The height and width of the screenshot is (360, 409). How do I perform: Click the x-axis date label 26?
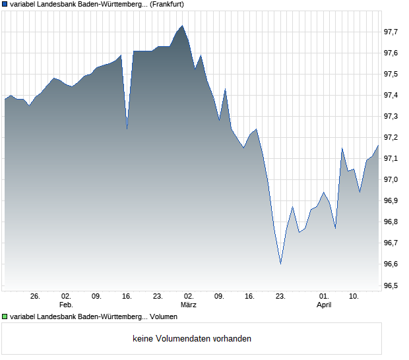pyautogui.click(x=36, y=297)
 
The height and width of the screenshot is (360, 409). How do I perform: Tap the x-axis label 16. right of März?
pyautogui.click(x=249, y=297)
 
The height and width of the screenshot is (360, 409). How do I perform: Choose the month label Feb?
pyautogui.click(x=65, y=305)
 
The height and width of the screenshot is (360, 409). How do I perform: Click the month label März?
pyautogui.click(x=189, y=305)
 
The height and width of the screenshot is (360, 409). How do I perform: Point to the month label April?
pyautogui.click(x=324, y=305)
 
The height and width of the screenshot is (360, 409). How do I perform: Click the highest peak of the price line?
pyautogui.click(x=182, y=26)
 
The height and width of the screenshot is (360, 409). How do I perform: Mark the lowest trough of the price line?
pyautogui.click(x=280, y=264)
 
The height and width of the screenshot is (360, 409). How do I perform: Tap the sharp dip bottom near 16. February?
pyautogui.click(x=127, y=129)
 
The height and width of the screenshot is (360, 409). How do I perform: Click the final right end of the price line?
pyautogui.click(x=378, y=145)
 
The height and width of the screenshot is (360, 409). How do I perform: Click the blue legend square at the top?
pyautogui.click(x=5, y=4)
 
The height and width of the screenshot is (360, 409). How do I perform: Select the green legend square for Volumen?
pyautogui.click(x=5, y=316)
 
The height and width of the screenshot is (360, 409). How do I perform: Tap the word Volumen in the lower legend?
pyautogui.click(x=164, y=316)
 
